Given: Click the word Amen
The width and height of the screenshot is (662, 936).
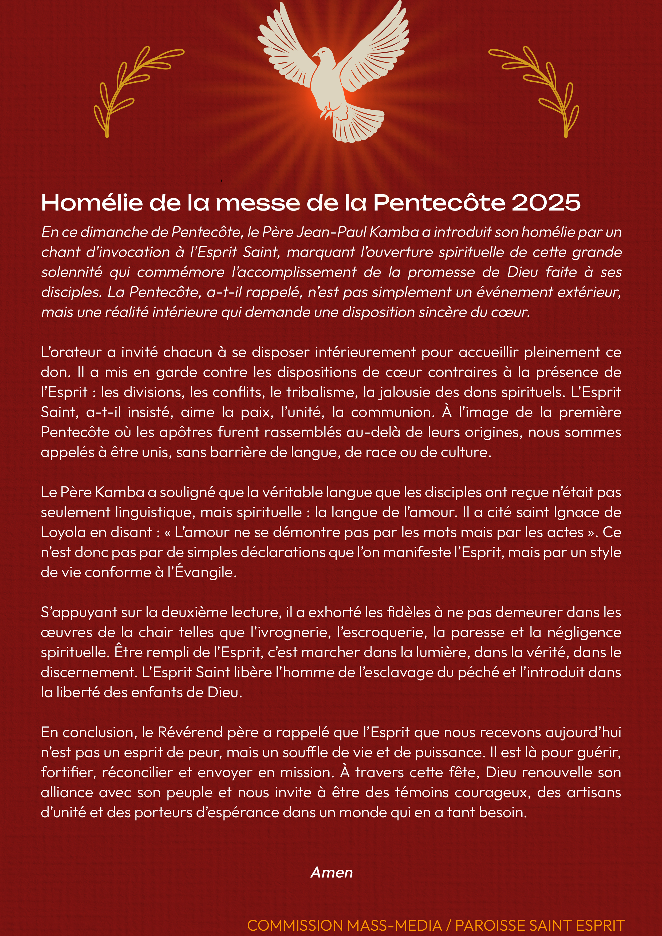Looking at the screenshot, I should [332, 873].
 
